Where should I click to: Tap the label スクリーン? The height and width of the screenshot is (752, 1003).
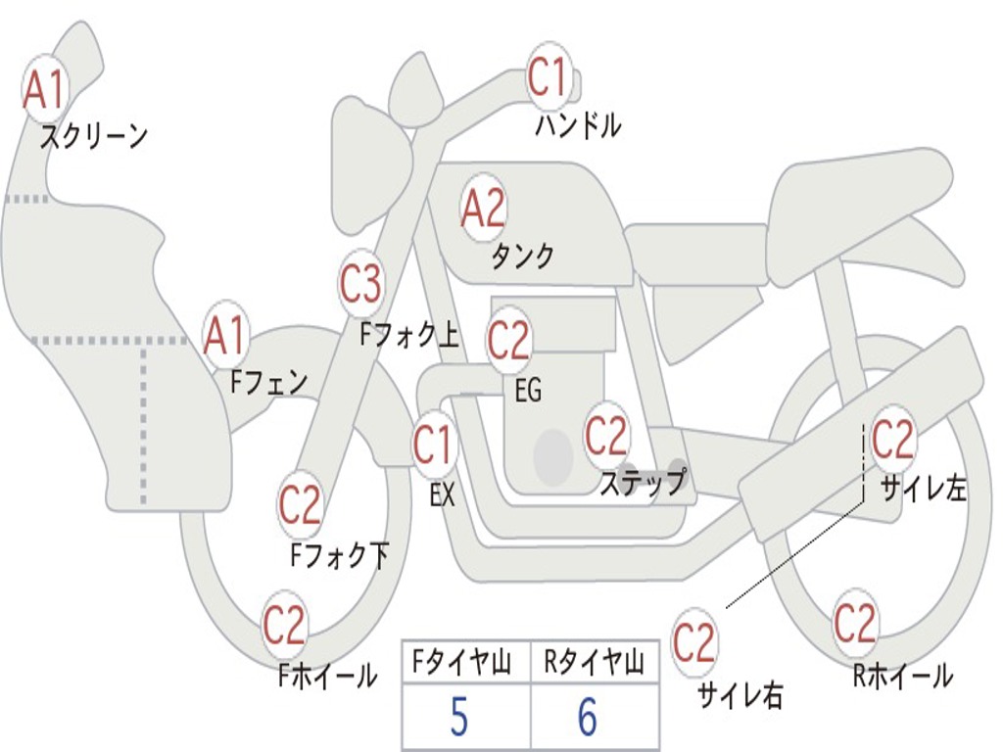tap(94, 136)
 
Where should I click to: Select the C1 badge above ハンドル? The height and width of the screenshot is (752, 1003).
tap(549, 77)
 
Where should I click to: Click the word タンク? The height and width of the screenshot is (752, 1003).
tap(523, 257)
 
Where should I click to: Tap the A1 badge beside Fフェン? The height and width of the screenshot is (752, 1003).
tap(225, 336)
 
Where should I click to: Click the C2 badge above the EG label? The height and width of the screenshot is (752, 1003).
tap(508, 341)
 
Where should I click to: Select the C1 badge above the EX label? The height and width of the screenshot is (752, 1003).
tap(433, 446)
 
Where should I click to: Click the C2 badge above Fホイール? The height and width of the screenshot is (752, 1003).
tap(285, 626)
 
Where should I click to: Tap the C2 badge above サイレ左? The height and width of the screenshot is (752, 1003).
tap(892, 440)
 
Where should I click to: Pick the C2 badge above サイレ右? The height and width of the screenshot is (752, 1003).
tap(694, 643)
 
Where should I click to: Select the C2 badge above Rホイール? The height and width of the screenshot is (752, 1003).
tap(855, 623)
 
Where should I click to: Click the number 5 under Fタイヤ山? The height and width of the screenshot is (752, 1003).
tap(458, 719)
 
